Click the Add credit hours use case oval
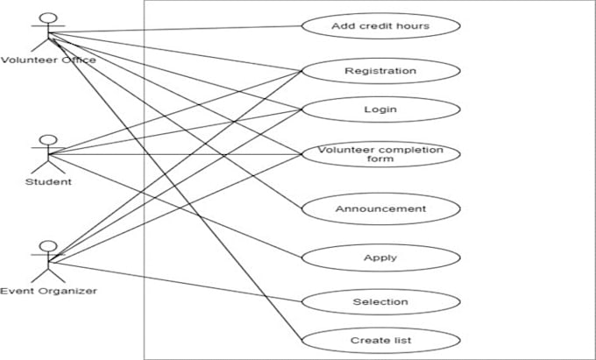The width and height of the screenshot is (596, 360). [380, 25]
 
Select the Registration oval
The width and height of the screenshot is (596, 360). [380, 70]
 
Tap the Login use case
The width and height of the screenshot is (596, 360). [380, 109]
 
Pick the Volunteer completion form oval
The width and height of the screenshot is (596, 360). [380, 154]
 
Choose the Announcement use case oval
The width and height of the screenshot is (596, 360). [380, 208]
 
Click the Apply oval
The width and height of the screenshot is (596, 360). [380, 258]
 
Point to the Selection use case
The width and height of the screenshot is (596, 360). [380, 301]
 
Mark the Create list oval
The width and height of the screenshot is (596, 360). [380, 339]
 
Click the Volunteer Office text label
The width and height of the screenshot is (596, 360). [47, 60]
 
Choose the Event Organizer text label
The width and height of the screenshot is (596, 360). [48, 290]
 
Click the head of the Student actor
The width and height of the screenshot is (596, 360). [48, 139]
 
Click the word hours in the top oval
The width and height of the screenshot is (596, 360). [413, 25]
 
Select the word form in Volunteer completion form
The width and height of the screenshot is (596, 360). [380, 159]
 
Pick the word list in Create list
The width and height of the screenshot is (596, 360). [401, 339]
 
